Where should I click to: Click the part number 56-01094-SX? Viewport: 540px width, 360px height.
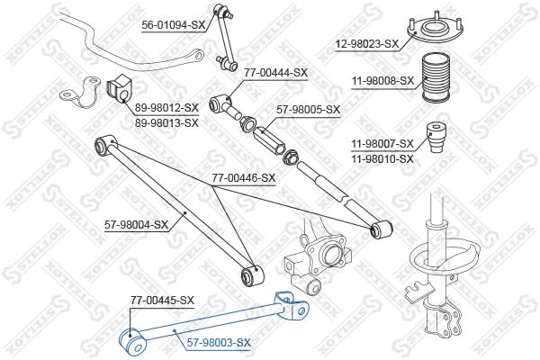pyautogui.click(x=174, y=25)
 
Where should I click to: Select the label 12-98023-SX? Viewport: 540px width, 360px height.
pyautogui.click(x=367, y=44)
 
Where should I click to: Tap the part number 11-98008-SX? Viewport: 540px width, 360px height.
pyautogui.click(x=382, y=81)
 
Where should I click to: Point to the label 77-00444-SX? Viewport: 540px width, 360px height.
pyautogui.click(x=276, y=73)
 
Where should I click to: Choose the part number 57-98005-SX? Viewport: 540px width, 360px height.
pyautogui.click(x=308, y=110)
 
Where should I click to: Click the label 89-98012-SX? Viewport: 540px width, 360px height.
pyautogui.click(x=166, y=108)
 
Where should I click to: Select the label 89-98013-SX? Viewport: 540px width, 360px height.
pyautogui.click(x=166, y=122)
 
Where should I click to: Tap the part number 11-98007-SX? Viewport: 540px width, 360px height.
pyautogui.click(x=382, y=144)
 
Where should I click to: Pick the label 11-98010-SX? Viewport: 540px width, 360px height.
pyautogui.click(x=382, y=158)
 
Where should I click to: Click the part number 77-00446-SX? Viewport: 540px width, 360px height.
pyautogui.click(x=244, y=178)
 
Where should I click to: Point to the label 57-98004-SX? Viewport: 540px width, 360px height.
pyautogui.click(x=137, y=225)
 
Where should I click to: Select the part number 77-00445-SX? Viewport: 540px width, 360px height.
pyautogui.click(x=162, y=301)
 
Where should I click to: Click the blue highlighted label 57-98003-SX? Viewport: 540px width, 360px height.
pyautogui.click(x=219, y=342)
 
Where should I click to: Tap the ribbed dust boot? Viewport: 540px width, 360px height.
pyautogui.click(x=436, y=77)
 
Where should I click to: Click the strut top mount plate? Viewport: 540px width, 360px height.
pyautogui.click(x=436, y=31)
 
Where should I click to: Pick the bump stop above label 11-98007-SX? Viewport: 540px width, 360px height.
pyautogui.click(x=436, y=137)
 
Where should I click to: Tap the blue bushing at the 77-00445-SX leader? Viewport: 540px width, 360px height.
pyautogui.click(x=133, y=342)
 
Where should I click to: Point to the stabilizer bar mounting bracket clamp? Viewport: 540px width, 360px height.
pyautogui.click(x=80, y=93)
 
